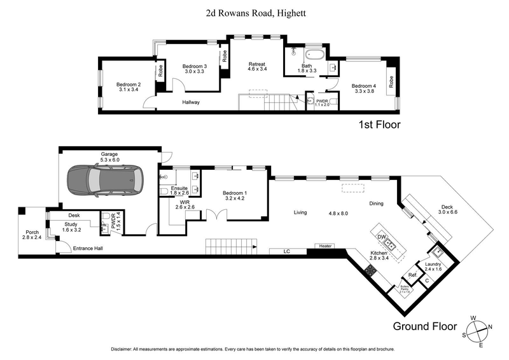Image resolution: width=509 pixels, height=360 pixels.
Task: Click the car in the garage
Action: pos(106,181)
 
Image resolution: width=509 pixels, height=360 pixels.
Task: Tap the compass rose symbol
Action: pos(478,329)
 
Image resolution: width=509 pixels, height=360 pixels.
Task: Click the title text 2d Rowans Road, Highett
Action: pos(253,12)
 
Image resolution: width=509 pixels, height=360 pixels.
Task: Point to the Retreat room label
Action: pos(257,66)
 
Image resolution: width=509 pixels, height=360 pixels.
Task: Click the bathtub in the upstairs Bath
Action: pos(314,54)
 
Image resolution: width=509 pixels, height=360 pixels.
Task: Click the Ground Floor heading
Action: pos(424,327)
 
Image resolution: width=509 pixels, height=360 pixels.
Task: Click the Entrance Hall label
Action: pos(89,248)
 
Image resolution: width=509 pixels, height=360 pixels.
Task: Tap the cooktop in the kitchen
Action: pos(369,270)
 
